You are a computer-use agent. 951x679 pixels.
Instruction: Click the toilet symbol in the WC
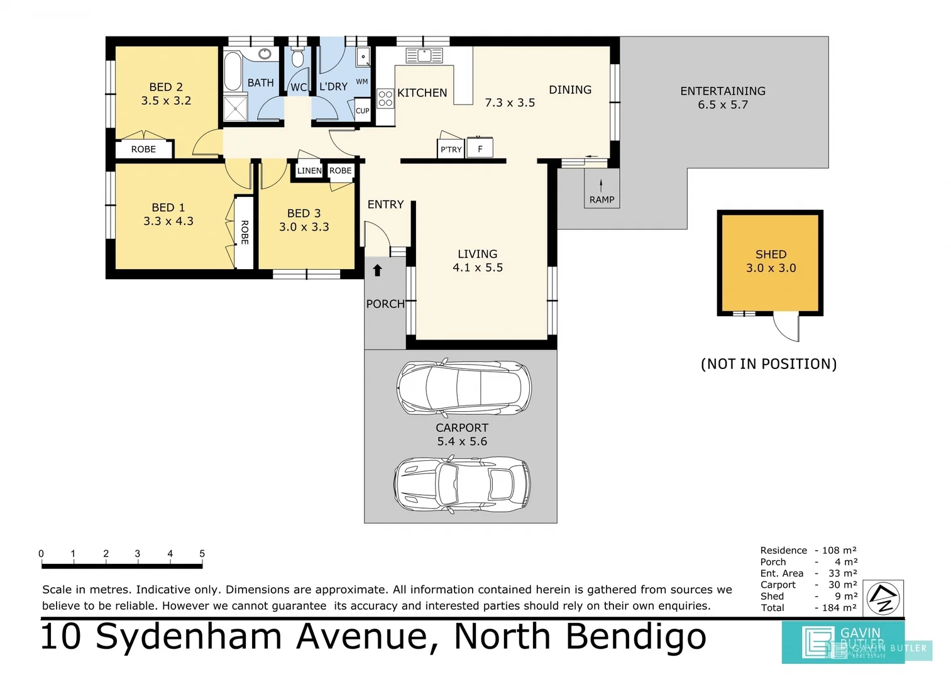point(298,58)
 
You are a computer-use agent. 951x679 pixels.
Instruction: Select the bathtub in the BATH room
point(233,72)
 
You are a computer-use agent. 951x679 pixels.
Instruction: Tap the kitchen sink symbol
point(424,55)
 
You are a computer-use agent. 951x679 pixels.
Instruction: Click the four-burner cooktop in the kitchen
point(385,99)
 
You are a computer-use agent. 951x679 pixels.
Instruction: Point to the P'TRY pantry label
point(451,150)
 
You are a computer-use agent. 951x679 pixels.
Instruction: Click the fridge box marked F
point(480,149)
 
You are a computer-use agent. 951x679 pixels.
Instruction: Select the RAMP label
point(602,199)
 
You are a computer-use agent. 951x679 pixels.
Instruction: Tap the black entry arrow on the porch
point(377,270)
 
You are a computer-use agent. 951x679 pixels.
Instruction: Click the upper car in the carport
point(464,388)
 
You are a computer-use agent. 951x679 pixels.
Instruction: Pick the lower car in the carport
point(462,485)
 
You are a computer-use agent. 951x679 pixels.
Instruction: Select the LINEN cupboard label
point(309,170)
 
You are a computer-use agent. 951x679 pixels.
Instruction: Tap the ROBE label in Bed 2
point(143,149)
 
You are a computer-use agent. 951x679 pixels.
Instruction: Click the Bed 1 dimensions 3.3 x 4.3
point(168,221)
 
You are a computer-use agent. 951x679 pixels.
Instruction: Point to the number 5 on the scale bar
point(202,554)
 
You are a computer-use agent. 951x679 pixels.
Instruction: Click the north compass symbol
point(883,599)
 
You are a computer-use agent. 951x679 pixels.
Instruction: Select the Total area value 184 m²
point(839,608)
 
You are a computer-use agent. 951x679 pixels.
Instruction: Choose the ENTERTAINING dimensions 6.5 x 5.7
point(723,105)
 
